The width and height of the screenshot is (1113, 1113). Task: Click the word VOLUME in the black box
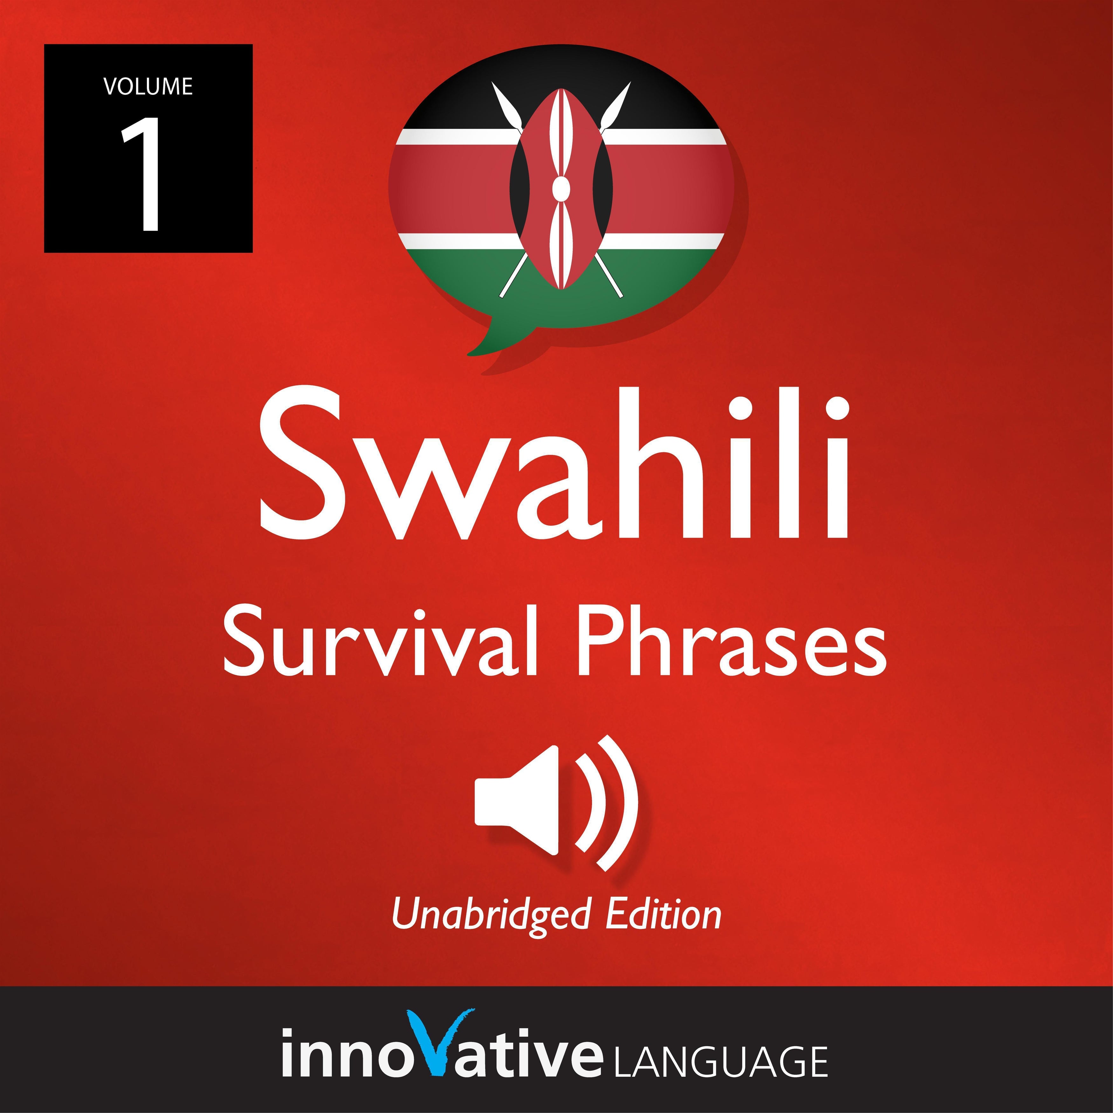(x=148, y=86)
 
